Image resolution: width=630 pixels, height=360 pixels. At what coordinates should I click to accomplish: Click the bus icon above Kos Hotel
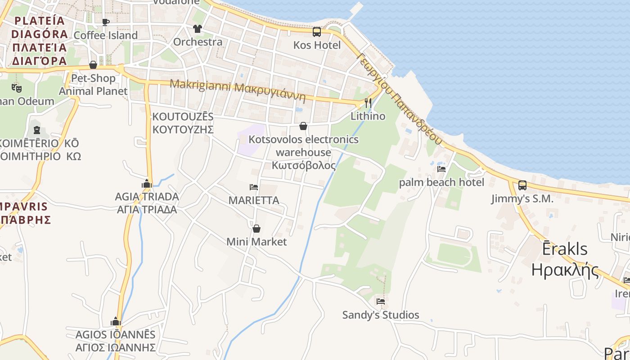[x=317, y=31]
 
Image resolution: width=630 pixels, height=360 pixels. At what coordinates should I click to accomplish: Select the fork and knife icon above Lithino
[x=368, y=103]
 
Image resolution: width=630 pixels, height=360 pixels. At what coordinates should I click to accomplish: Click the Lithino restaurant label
[x=368, y=116]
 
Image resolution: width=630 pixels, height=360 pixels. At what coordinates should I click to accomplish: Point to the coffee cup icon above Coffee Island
[x=106, y=22]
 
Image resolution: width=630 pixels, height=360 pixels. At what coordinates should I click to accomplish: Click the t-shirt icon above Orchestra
[x=198, y=29]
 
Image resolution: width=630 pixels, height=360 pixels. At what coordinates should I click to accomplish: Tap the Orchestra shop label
[x=198, y=42]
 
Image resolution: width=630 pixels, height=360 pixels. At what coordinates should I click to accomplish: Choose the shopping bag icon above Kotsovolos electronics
[x=303, y=126]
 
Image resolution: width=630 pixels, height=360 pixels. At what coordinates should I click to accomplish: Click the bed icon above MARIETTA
[x=254, y=187]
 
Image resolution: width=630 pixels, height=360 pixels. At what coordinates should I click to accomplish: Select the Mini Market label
[x=256, y=242]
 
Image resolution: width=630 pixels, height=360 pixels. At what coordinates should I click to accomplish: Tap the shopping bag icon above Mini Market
[x=256, y=229]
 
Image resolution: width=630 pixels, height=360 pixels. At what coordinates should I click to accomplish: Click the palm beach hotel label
[x=441, y=182]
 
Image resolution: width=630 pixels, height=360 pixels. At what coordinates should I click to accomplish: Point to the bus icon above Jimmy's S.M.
[x=522, y=185]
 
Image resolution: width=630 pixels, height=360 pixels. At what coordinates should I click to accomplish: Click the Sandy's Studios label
[x=381, y=315]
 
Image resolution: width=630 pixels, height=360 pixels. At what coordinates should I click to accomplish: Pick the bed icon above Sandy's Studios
[x=381, y=301]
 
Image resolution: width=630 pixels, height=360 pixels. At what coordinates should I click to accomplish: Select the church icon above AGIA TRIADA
[x=147, y=184]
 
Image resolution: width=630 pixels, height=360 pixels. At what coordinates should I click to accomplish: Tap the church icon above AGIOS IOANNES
[x=116, y=321]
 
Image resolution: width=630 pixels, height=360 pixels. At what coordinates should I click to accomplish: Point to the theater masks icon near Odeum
[x=17, y=88]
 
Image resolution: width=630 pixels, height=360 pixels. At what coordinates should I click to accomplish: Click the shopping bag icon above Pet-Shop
[x=93, y=65]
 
